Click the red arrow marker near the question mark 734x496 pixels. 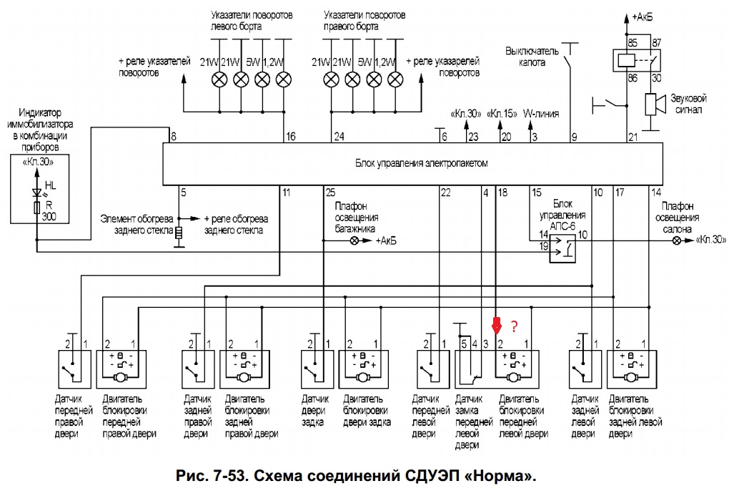[x=495, y=326]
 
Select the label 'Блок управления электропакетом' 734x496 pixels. [x=421, y=163]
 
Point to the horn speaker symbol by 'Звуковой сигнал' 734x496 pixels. [x=651, y=104]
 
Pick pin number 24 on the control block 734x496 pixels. [x=339, y=136]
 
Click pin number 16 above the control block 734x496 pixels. [x=290, y=136]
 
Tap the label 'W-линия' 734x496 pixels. [x=541, y=113]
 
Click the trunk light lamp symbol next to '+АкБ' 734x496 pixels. [x=354, y=241]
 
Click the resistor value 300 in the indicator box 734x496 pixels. [x=50, y=216]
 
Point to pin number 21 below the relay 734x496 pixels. [x=632, y=136]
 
